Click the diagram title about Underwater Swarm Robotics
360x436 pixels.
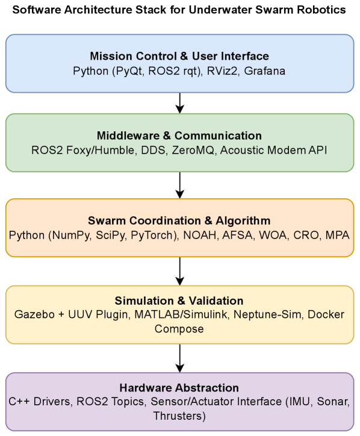(179, 10)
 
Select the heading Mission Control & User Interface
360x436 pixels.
(179, 57)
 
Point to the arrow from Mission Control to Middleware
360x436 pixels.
(179, 103)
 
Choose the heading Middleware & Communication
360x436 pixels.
(179, 135)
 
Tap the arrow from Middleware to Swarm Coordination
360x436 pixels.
(179, 185)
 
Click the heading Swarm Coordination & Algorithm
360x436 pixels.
(179, 220)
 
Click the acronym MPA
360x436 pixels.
(338, 234)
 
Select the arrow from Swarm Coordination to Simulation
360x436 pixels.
(179, 271)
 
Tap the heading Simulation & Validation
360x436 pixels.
(179, 301)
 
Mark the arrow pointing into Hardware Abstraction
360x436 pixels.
(179, 358)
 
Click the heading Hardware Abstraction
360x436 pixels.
(179, 387)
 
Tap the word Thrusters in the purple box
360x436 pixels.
(179, 416)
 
